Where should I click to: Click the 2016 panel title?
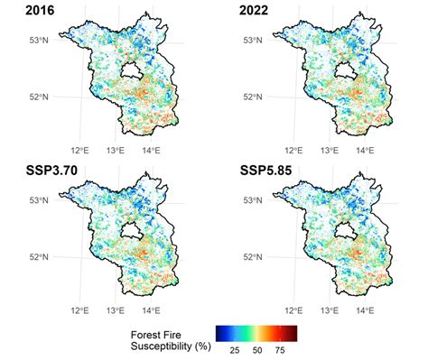coord(21,12)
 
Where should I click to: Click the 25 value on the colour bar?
coord(233,348)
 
